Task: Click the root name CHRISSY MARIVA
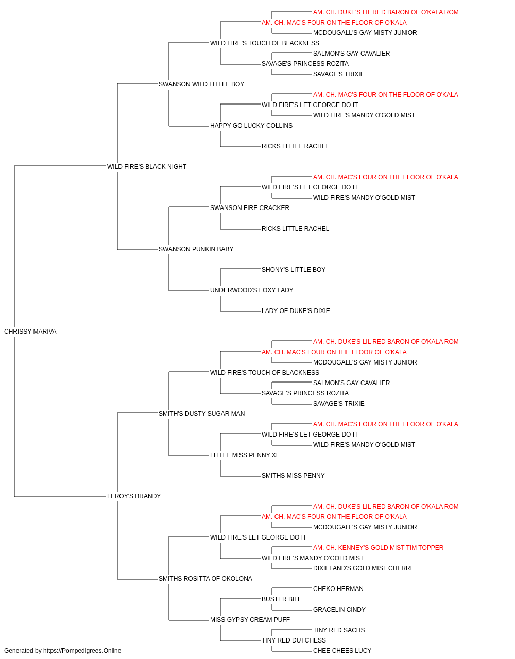[30, 332]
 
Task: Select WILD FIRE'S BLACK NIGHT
[147, 167]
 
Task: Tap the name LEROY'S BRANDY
[134, 496]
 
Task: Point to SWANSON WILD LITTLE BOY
[201, 84]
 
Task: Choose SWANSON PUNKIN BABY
[196, 249]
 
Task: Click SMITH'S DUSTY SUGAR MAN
[202, 414]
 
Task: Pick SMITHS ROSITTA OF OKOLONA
[205, 579]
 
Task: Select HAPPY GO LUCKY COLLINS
[251, 126]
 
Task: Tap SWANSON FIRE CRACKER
[250, 208]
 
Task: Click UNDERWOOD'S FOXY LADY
[252, 290]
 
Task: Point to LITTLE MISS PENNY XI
[244, 455]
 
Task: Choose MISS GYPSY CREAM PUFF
[250, 620]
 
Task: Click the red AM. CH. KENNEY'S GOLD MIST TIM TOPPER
[378, 548]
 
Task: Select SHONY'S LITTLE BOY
[294, 270]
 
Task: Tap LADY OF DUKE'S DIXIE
[296, 311]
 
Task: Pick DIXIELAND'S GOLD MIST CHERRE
[364, 568]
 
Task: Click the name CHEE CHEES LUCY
[342, 651]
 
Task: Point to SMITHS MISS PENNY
[293, 476]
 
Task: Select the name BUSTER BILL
[282, 599]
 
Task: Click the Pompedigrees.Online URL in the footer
[82, 651]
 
